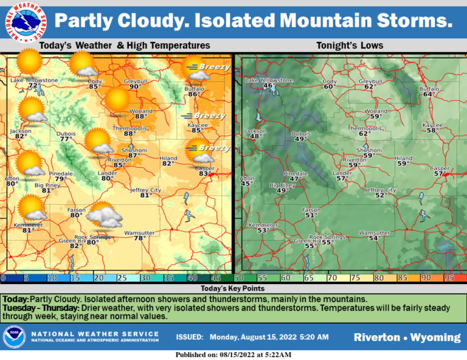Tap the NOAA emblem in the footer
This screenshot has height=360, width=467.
point(14,337)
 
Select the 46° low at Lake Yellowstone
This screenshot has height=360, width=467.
point(268,86)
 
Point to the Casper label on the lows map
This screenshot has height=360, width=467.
point(440,168)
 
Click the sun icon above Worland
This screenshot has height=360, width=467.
point(116,100)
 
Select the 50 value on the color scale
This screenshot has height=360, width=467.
point(239,277)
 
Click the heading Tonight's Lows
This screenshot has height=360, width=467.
point(350,46)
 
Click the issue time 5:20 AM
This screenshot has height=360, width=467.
point(314,337)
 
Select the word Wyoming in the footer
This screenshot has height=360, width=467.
point(436,337)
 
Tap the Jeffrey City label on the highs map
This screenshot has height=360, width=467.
point(145,190)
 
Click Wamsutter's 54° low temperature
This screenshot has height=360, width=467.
point(374,238)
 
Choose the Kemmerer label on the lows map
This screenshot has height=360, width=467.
point(263,224)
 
